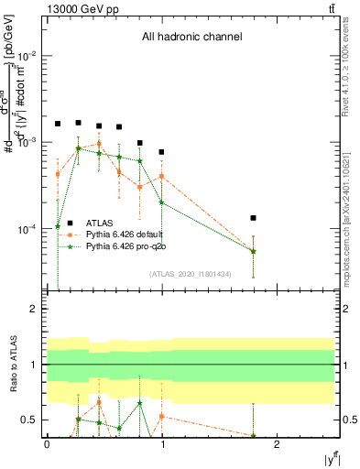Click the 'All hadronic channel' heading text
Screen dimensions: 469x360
(x=191, y=38)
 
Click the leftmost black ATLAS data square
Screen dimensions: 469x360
(x=58, y=124)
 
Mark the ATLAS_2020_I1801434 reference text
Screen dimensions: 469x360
(x=191, y=274)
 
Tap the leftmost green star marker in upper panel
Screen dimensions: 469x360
(x=58, y=226)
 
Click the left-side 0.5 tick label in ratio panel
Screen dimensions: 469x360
(x=32, y=420)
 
